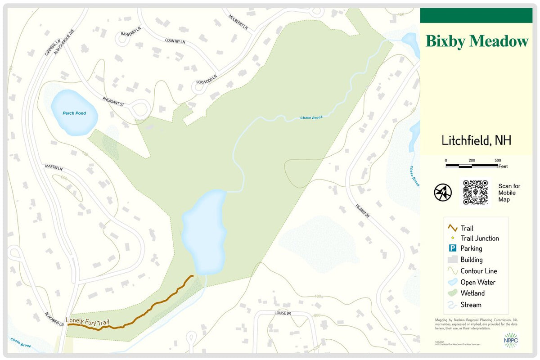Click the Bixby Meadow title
[477, 41]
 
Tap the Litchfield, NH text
[476, 140]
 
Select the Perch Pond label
[74, 113]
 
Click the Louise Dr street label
[283, 312]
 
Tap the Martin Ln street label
[54, 168]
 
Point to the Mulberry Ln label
[238, 22]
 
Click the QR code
[476, 193]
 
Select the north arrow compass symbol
[442, 192]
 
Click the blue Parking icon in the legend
[453, 248]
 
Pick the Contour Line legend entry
[478, 271]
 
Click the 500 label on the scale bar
[498, 160]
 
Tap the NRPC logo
[511, 340]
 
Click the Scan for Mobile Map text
[509, 193]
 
